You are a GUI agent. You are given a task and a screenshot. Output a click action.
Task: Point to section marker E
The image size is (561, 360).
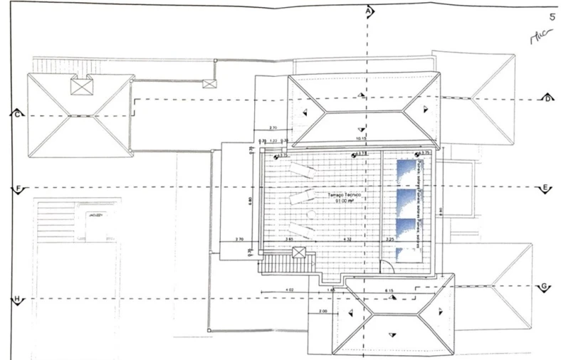[x=545, y=188]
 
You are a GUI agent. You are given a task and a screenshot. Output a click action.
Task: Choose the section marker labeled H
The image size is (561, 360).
[x=16, y=300]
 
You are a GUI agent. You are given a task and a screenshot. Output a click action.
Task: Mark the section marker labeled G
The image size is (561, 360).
[x=544, y=286]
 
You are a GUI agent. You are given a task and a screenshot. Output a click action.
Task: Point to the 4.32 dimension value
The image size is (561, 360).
[x=347, y=240]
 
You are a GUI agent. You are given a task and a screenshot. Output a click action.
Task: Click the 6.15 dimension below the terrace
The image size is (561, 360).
[x=389, y=291]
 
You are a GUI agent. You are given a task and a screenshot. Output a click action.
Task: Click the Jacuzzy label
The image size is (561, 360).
[x=95, y=213]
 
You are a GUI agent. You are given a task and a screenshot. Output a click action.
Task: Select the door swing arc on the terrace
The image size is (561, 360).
[x=385, y=267]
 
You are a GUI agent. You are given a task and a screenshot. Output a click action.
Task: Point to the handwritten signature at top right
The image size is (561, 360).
[x=540, y=37]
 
